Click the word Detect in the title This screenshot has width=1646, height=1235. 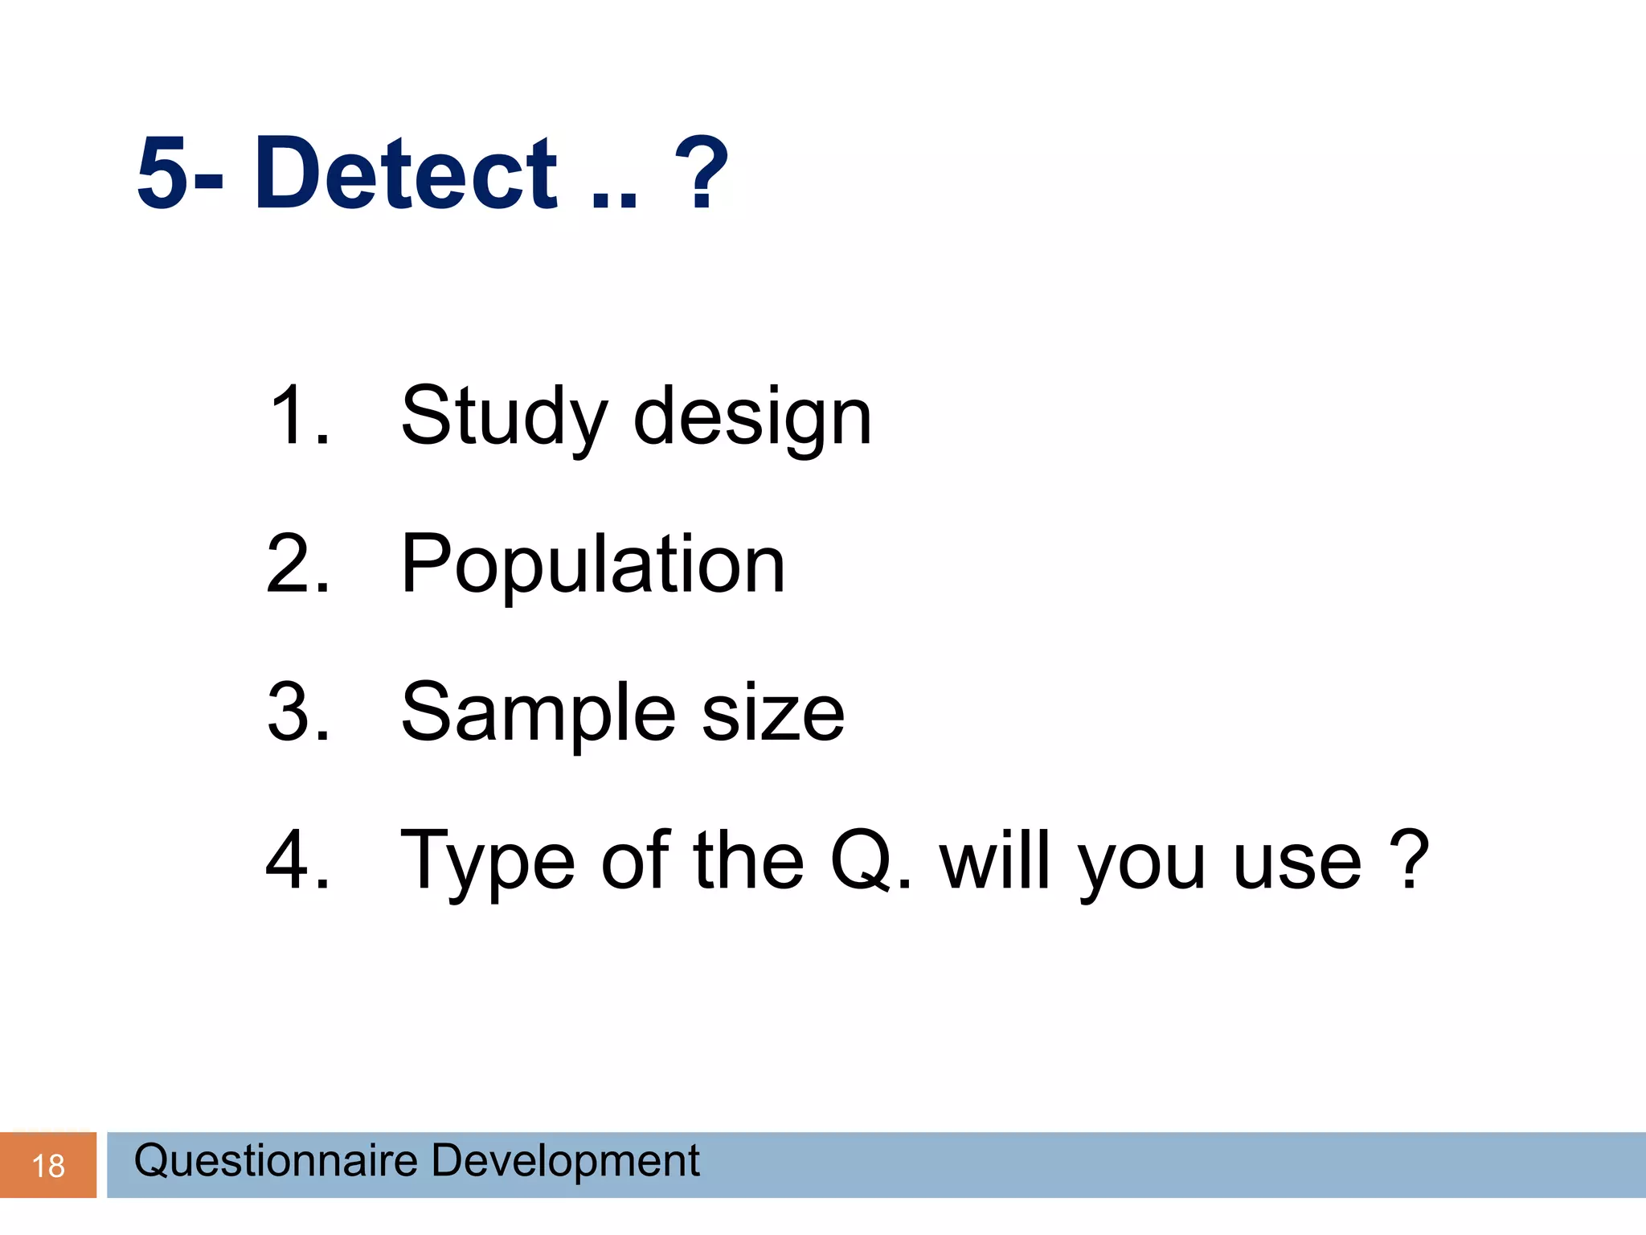[406, 173]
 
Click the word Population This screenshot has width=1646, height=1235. [593, 565]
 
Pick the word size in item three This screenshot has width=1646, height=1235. [773, 714]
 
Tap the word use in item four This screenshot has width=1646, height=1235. [1297, 862]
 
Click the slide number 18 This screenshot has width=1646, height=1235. [48, 1166]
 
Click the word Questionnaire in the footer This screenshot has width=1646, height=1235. [276, 1161]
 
